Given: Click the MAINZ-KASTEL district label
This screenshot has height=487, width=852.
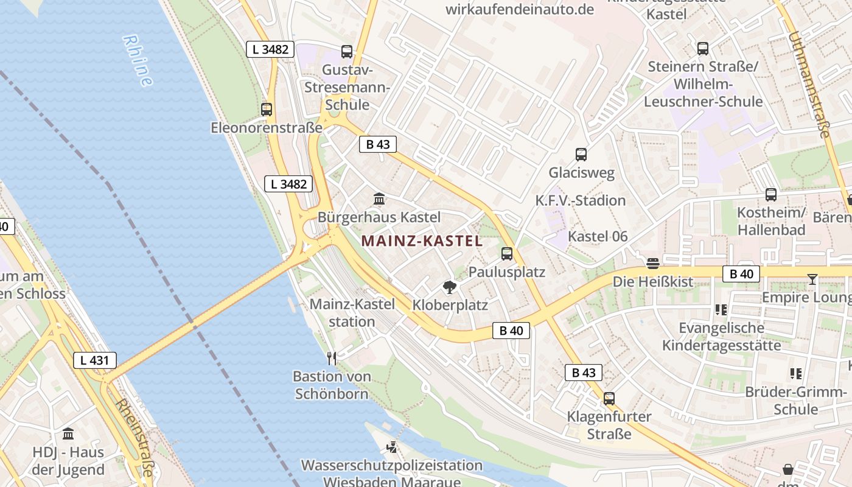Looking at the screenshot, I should click(422, 241).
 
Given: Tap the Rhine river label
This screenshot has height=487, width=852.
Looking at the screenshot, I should click(138, 60).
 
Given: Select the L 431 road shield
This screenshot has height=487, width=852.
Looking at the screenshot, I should click(95, 360).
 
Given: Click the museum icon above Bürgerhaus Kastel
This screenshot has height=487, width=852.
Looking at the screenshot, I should click(379, 199).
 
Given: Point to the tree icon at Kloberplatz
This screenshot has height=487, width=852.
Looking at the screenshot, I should click(450, 287).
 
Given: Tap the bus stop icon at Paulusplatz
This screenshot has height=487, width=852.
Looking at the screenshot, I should click(507, 254).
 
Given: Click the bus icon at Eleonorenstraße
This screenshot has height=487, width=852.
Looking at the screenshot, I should click(267, 110).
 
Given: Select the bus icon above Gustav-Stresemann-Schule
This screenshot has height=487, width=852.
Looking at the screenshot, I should click(347, 52).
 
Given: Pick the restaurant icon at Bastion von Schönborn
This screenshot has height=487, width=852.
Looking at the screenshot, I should click(332, 358).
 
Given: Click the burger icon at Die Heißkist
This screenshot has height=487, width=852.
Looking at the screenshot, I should click(653, 264).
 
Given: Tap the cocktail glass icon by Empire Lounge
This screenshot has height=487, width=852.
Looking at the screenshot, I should click(812, 279).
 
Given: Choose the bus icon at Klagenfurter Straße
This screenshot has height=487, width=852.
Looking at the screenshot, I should click(609, 399).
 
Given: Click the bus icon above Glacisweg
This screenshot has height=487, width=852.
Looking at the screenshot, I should click(581, 155).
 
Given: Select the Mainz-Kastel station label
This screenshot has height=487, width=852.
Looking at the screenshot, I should click(352, 312).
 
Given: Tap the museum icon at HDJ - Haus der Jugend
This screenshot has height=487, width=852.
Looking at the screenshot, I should click(68, 434).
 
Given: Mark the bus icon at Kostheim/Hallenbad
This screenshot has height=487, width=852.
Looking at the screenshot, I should click(771, 195).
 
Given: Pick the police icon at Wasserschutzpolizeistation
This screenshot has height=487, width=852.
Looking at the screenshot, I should click(392, 448).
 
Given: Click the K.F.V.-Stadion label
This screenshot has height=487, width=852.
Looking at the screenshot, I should click(581, 200).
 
